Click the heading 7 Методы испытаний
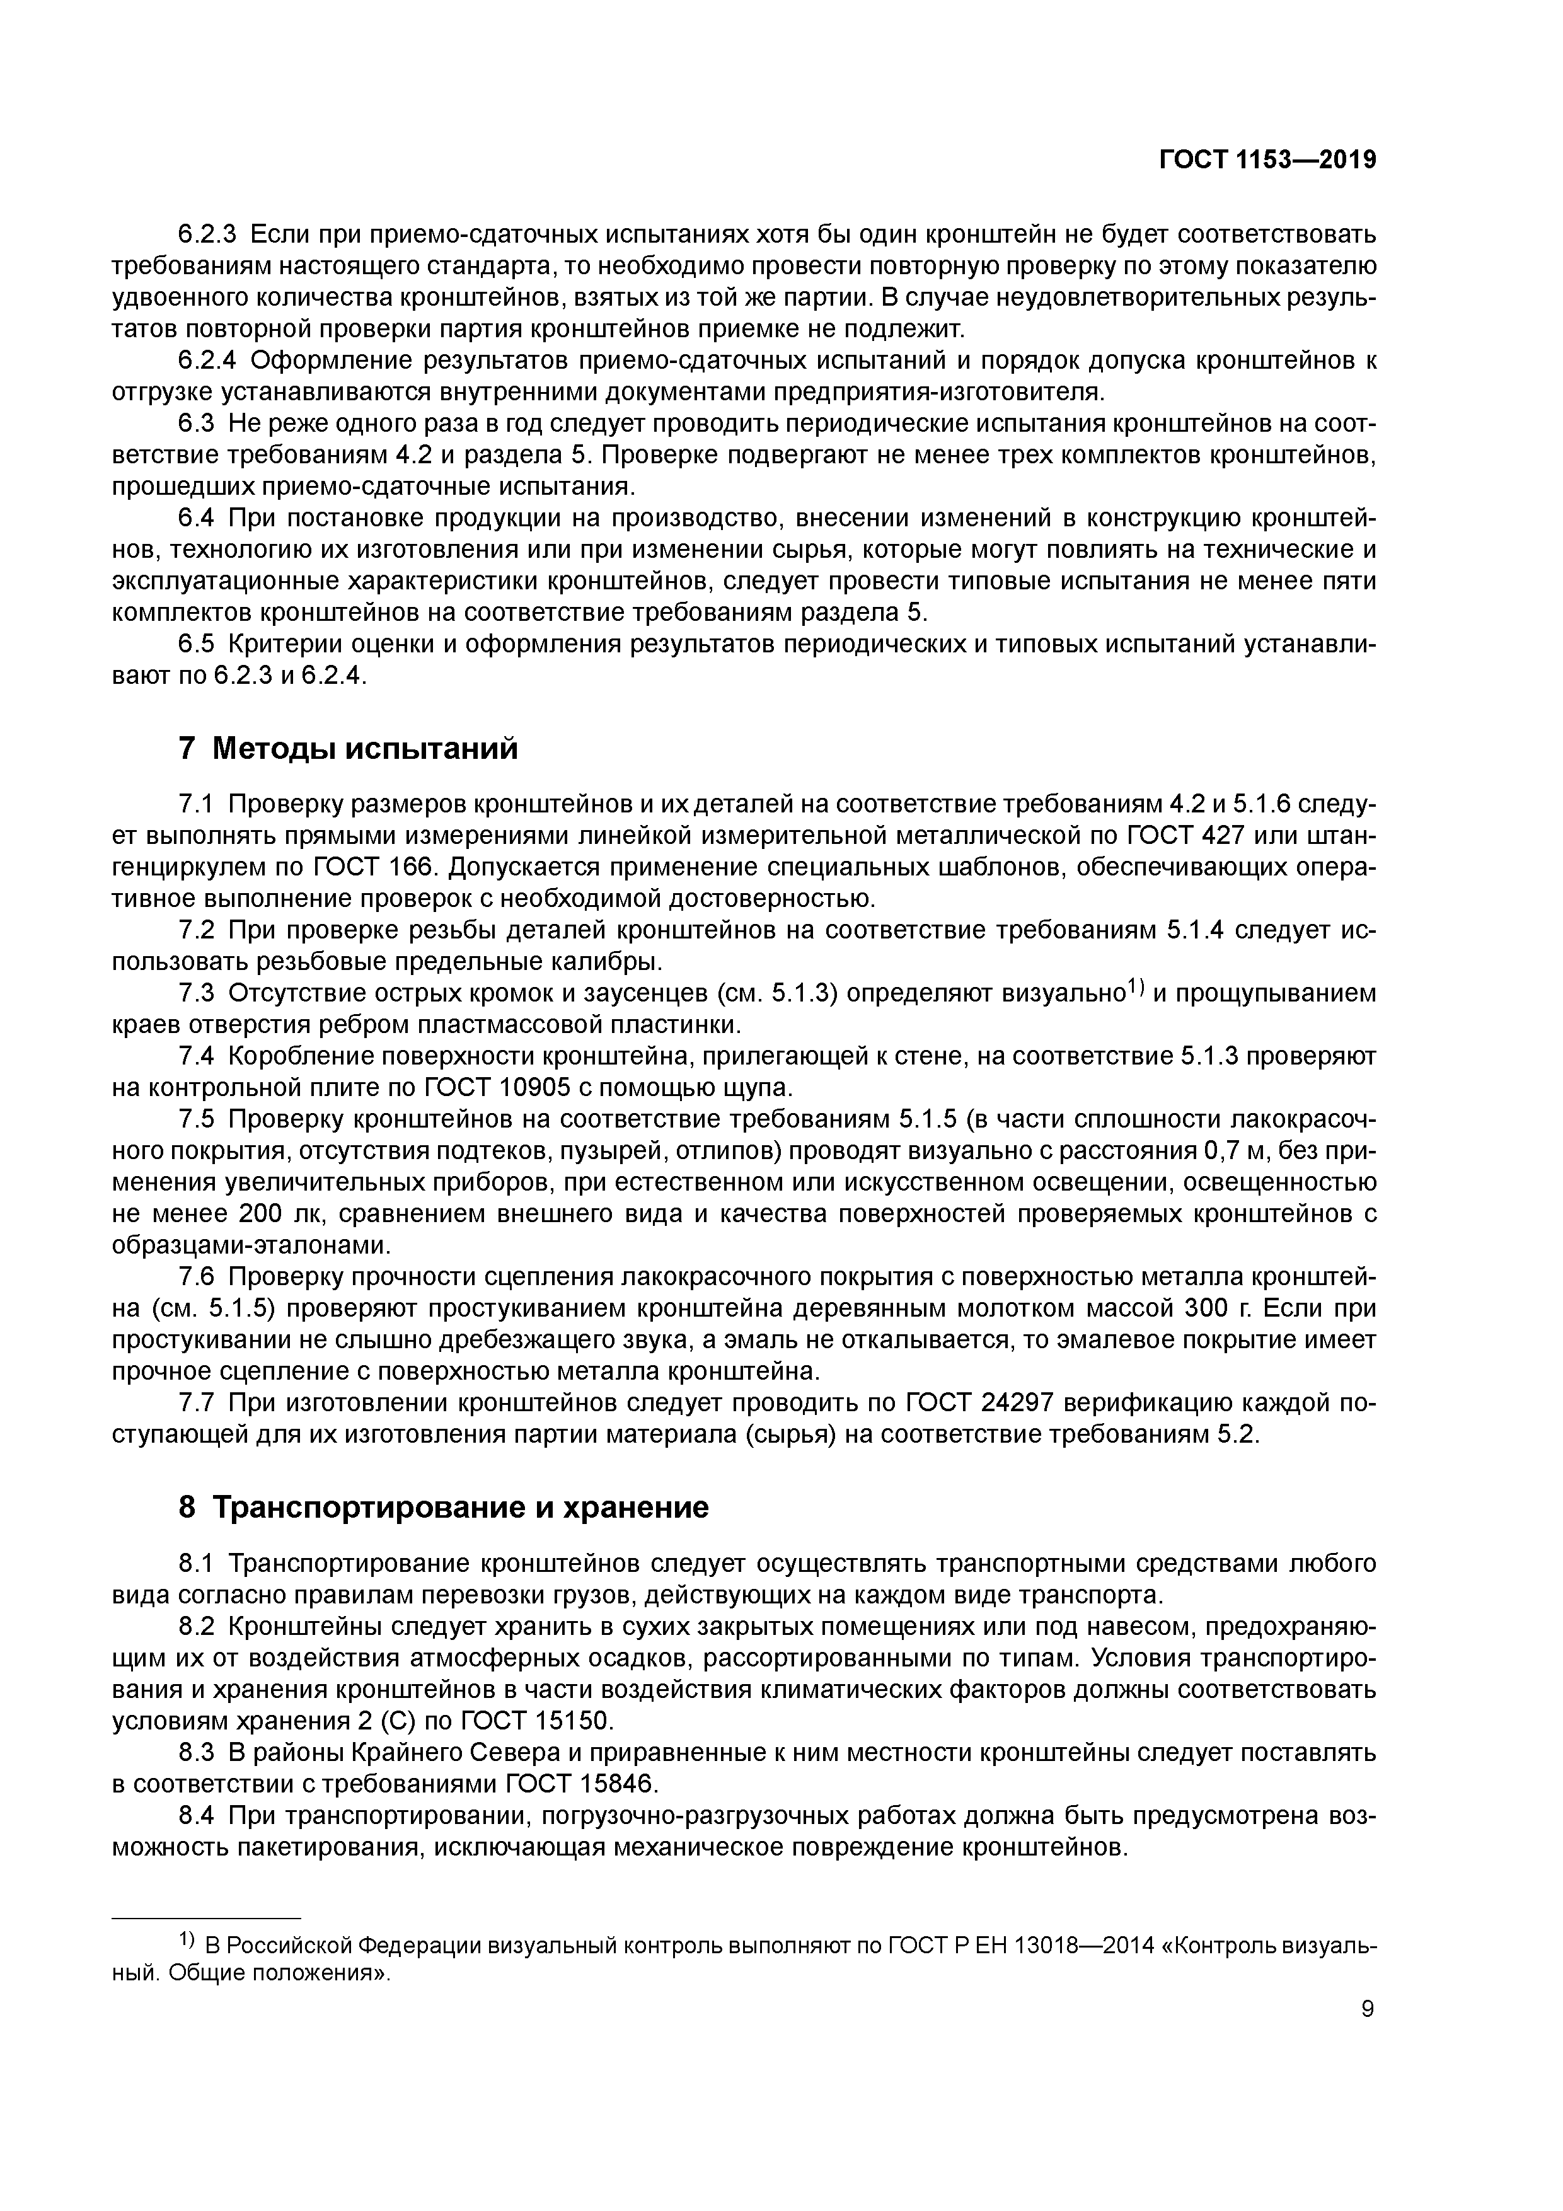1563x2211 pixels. pyautogui.click(x=348, y=748)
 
